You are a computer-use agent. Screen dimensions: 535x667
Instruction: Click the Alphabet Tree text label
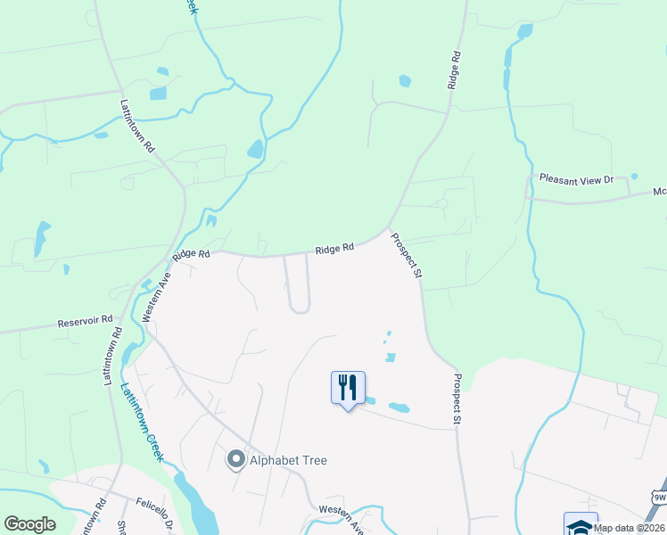(x=288, y=460)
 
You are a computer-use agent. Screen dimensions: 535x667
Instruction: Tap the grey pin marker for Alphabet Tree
(x=236, y=460)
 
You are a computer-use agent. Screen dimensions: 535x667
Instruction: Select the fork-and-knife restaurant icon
(x=348, y=387)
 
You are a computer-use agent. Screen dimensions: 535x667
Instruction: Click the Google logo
(x=29, y=524)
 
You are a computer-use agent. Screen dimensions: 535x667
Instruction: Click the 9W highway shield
(x=659, y=497)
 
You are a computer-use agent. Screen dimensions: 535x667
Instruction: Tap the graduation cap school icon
(x=580, y=525)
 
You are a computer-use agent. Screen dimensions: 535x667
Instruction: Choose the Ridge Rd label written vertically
(x=455, y=69)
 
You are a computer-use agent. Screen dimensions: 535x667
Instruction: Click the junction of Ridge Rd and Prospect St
(x=388, y=228)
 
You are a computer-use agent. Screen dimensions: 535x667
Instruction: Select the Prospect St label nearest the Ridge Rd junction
(x=406, y=256)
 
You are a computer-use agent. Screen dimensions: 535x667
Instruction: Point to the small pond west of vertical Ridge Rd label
(x=405, y=81)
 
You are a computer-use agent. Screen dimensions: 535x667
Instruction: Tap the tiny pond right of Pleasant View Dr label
(x=634, y=176)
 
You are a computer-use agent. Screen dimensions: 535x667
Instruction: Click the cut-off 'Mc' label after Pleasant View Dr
(x=660, y=191)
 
